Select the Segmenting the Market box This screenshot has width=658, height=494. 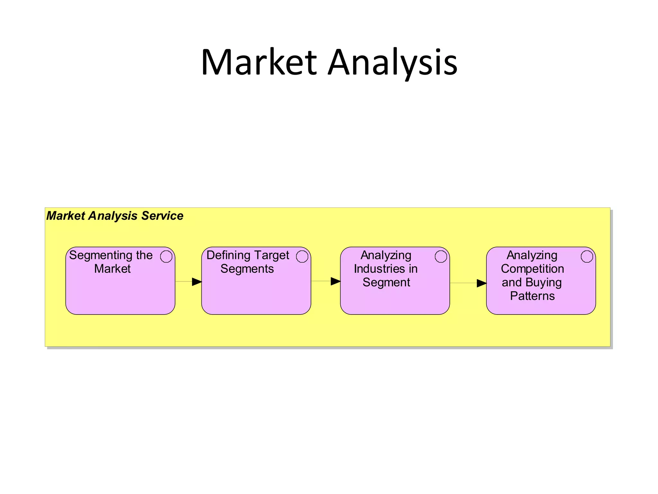pos(120,289)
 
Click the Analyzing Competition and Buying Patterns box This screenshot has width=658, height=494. pos(541,306)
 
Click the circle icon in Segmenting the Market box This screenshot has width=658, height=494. pos(166,257)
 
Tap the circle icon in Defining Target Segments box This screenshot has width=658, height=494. pos(302,257)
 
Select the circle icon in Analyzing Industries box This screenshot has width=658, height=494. pos(441,257)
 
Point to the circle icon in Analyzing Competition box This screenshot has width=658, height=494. pos(587,257)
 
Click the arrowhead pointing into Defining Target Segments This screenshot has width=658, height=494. pos(197,282)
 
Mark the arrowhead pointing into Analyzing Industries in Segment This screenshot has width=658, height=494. pos(335,281)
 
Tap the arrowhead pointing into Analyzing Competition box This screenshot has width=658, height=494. pos(481,283)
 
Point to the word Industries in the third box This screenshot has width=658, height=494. pos(379,269)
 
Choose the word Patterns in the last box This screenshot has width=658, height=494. pos(532,296)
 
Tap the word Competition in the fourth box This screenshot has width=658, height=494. pos(532,269)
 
